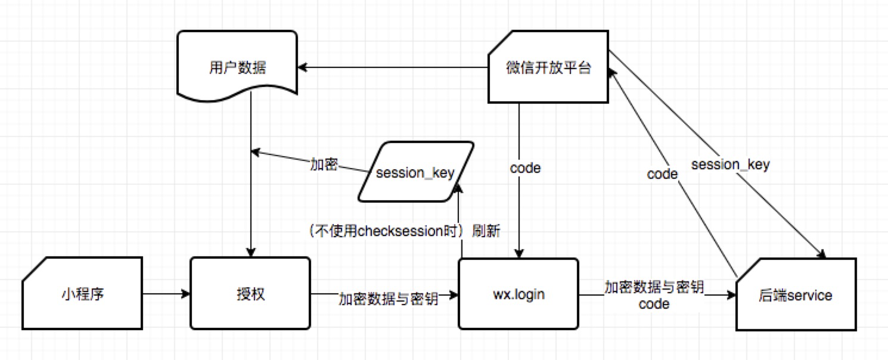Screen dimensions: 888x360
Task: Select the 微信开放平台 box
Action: point(548,67)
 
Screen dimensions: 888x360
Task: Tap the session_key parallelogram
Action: point(415,172)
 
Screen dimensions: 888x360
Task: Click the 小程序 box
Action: point(82,293)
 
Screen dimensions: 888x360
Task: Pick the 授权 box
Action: point(250,293)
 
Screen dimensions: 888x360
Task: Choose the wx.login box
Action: point(518,294)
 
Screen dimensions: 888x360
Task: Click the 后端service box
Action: point(796,294)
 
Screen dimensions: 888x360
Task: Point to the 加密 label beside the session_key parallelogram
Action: point(324,164)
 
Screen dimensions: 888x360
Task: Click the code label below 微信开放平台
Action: point(525,168)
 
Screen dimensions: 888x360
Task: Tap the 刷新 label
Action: point(486,231)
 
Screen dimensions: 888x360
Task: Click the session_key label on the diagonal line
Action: point(731,164)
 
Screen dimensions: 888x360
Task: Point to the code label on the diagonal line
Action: point(663,174)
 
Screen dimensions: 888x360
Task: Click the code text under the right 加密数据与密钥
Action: point(654,304)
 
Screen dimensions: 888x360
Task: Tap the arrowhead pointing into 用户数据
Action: point(302,67)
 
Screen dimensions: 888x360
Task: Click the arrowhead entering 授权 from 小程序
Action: point(185,294)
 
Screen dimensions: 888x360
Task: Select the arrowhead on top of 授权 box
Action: point(250,253)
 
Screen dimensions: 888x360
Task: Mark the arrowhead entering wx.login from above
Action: point(519,253)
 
